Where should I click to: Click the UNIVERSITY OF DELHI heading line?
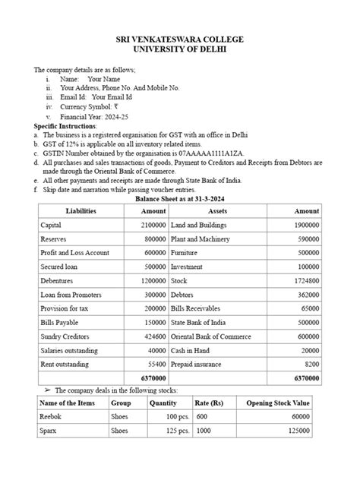[179, 49]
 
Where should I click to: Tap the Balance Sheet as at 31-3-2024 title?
[179, 198]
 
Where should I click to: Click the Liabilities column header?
[81, 210]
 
